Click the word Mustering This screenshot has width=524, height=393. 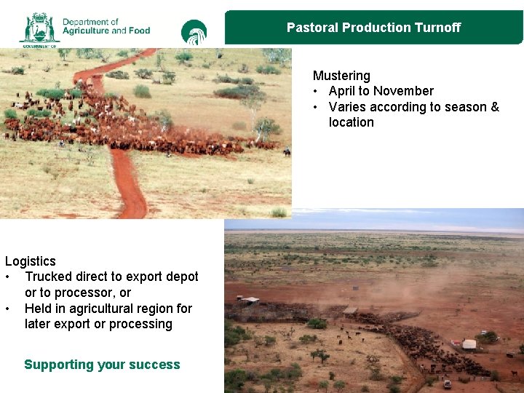tap(341, 76)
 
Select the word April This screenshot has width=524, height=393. tap(343, 91)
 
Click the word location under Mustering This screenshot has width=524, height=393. tap(351, 122)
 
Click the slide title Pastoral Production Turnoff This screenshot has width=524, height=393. tap(373, 28)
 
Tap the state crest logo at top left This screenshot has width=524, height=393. tap(39, 28)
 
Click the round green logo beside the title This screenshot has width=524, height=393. tap(194, 32)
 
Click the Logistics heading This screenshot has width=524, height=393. tap(31, 261)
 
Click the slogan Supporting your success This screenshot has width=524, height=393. tap(102, 365)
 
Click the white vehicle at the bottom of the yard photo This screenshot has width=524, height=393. tap(447, 384)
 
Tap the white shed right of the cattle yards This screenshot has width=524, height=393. tap(469, 344)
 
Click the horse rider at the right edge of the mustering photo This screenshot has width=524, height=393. tap(287, 151)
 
